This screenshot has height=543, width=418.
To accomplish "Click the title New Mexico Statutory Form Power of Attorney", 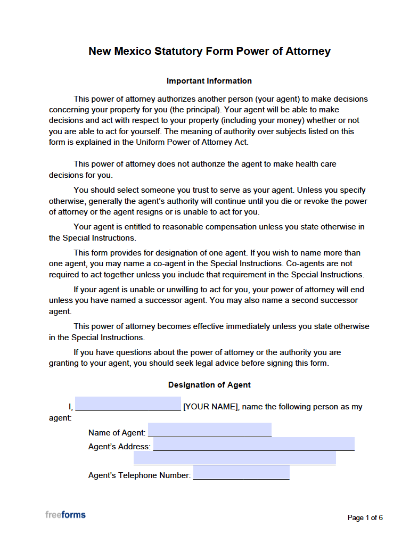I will (209, 52).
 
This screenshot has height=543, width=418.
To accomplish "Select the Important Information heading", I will (209, 81).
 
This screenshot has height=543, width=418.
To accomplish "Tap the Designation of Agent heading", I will (209, 385).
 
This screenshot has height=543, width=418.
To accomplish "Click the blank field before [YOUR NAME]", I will (128, 404).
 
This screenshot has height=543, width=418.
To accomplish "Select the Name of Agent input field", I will (209, 430).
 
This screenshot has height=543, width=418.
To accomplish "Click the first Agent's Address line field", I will (253, 444).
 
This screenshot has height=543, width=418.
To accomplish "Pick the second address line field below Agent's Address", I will (234, 458).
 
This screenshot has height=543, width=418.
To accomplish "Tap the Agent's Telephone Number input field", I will (241, 473).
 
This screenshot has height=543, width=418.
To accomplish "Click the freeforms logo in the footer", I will (65, 515).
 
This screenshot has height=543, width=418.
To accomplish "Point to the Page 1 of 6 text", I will (365, 517).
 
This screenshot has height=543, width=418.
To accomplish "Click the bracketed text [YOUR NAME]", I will (210, 407).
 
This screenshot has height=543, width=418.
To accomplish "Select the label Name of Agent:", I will (117, 433).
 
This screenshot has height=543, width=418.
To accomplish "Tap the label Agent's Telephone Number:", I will (139, 475).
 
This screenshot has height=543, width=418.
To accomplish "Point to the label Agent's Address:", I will (119, 447).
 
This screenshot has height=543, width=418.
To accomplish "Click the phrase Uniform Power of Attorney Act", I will (195, 142).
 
